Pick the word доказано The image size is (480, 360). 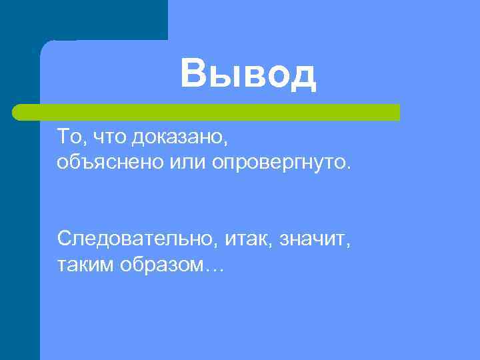tap(179, 139)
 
